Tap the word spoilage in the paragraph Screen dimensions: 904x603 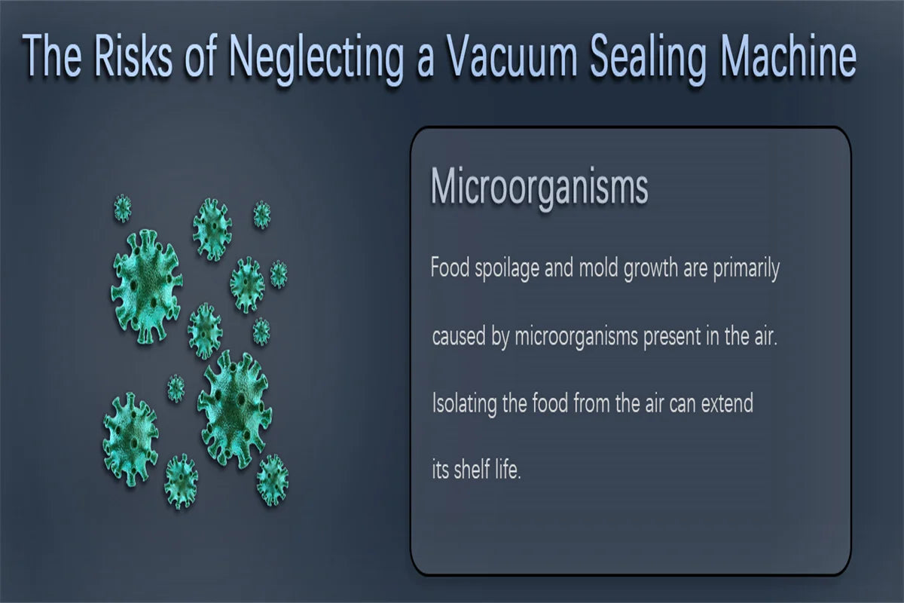point(507,268)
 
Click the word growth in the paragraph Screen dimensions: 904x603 point(651,268)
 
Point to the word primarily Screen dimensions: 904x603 point(747,268)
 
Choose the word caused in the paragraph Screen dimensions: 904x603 point(459,336)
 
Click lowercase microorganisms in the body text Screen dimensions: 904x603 point(577,338)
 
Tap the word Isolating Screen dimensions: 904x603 point(465,404)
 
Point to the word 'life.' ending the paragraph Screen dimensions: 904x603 point(512,469)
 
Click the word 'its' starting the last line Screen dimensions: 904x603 point(440,470)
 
